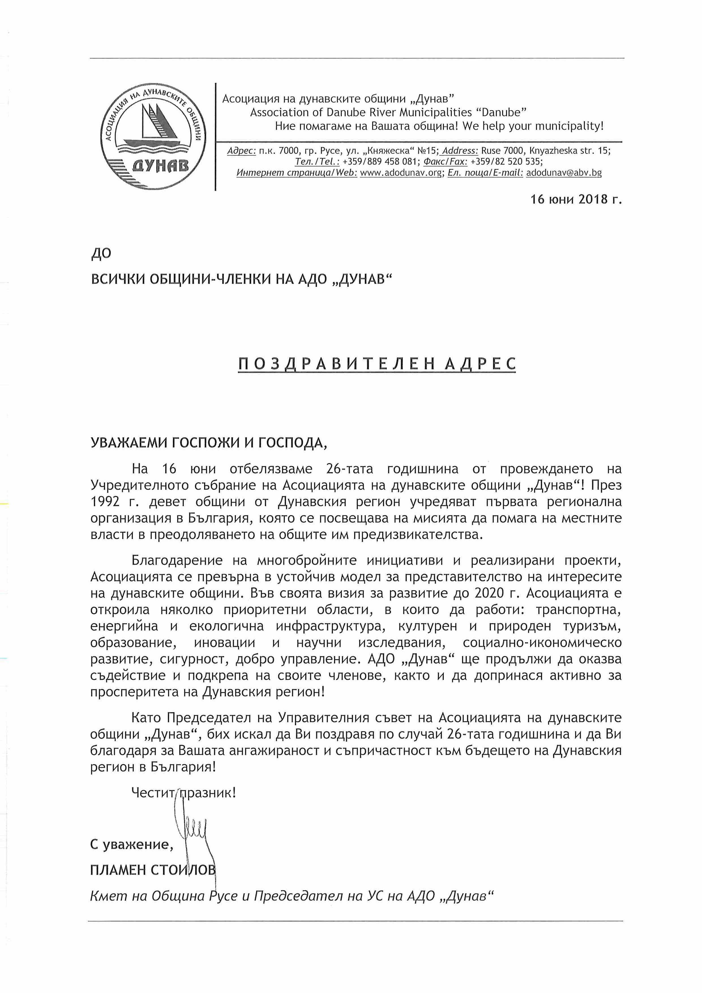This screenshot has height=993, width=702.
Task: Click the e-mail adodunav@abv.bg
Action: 564,173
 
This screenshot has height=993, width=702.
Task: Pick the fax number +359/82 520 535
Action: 506,162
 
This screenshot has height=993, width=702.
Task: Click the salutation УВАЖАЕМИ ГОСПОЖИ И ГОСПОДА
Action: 209,443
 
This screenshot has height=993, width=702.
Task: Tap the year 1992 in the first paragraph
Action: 105,502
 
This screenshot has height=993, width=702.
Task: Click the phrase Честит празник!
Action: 183,793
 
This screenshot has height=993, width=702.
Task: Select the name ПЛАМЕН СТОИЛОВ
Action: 152,870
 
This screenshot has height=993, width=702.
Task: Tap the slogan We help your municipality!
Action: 532,126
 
